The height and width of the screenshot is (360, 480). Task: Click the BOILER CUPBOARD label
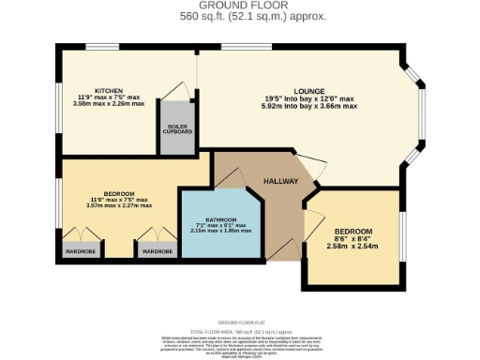pos(179,129)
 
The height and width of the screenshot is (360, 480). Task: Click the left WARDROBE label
pos(79,251)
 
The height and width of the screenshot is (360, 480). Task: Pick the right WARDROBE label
pos(155,251)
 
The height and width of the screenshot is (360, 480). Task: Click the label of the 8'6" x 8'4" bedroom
pos(353,231)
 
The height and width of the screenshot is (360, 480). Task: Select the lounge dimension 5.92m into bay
pos(310,107)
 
